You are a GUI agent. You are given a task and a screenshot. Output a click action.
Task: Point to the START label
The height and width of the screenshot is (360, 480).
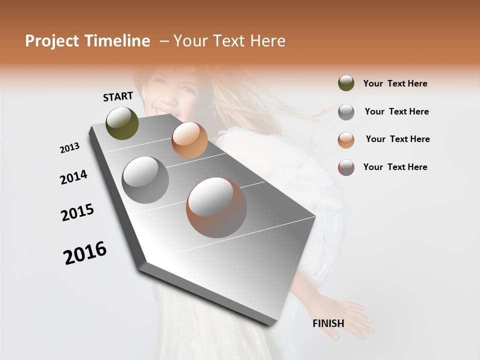(118, 96)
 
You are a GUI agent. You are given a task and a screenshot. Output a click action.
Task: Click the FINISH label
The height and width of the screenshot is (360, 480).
(328, 323)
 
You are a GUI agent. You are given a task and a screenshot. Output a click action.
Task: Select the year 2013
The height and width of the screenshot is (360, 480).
(69, 148)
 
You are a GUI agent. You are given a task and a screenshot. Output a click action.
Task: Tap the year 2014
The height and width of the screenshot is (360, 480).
(73, 177)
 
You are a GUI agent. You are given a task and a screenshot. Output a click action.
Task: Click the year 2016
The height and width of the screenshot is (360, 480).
(85, 253)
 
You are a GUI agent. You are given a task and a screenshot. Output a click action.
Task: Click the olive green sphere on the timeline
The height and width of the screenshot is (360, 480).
(122, 123)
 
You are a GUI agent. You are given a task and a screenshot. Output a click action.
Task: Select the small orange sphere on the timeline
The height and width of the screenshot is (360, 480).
(189, 140)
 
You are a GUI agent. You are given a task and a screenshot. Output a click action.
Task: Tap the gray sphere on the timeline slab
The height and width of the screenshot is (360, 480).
(145, 180)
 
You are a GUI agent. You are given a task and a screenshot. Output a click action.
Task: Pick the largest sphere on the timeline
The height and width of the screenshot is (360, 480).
(216, 207)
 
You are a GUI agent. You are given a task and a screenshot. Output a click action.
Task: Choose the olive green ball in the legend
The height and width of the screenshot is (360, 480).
(346, 83)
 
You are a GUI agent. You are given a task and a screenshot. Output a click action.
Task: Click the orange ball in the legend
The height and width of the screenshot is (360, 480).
(346, 139)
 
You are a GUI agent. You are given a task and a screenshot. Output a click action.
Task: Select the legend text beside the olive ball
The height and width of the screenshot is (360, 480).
(395, 83)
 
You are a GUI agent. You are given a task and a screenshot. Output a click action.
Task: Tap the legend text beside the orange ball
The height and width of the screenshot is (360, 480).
(397, 139)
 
